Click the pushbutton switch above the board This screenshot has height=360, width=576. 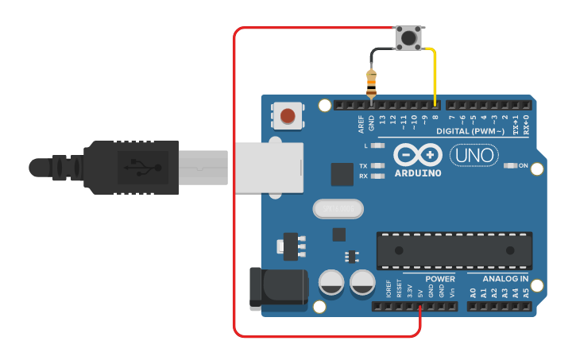[409, 37]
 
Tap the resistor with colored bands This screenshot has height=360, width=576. [371, 83]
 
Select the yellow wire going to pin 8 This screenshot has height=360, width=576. [435, 72]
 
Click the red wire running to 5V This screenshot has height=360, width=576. [234, 199]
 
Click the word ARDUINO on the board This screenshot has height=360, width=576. [417, 172]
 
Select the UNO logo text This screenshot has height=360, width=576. [474, 155]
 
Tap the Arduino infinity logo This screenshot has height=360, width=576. [417, 154]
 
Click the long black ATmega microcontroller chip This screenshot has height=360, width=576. [454, 250]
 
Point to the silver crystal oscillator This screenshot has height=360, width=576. [338, 209]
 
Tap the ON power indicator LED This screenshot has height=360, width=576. [510, 166]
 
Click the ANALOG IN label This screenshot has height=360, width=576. [505, 279]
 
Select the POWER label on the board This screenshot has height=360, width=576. [440, 279]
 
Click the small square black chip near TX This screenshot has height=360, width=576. [342, 174]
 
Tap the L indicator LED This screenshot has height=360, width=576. [379, 146]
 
